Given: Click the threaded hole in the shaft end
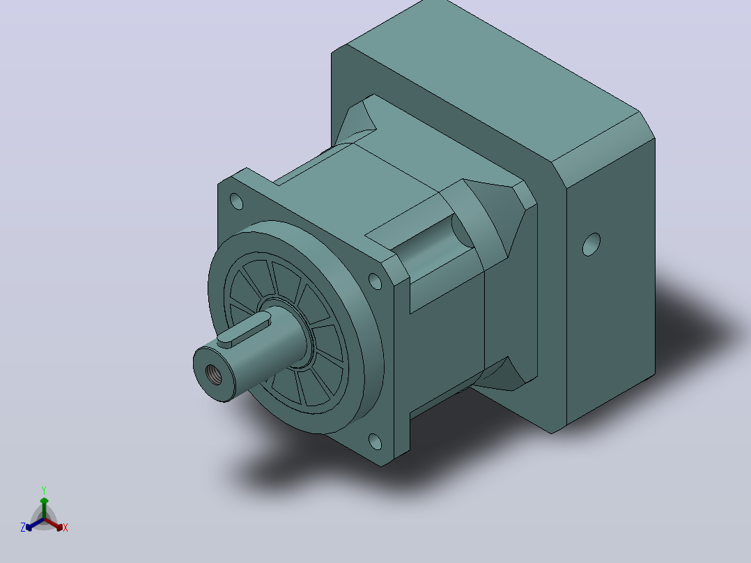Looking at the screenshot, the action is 214,374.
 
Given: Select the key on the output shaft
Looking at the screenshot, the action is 245,329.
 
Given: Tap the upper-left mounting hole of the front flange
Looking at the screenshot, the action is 237,201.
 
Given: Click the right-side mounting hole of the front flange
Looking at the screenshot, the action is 375,281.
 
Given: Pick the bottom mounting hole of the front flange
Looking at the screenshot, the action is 375,441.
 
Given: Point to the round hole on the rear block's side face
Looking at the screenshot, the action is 591,245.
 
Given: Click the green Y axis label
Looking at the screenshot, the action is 44,491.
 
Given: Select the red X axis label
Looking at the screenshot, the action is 65,527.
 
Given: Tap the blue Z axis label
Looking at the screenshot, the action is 23,527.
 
